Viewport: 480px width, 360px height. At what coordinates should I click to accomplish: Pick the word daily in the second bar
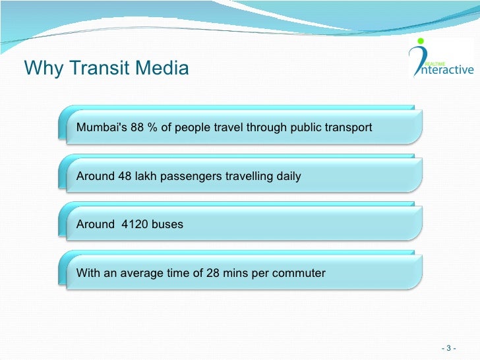coord(288,176)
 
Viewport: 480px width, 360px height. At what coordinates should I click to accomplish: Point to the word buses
coord(167,224)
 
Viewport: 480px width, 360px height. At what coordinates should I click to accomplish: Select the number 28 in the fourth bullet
coord(212,272)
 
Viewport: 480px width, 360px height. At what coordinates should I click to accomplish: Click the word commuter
coord(301,272)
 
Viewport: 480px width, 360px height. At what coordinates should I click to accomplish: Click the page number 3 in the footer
coord(448,348)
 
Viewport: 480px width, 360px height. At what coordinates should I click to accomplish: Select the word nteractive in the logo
coord(448,69)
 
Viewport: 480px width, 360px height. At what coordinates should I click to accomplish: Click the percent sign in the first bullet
coord(152,127)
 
